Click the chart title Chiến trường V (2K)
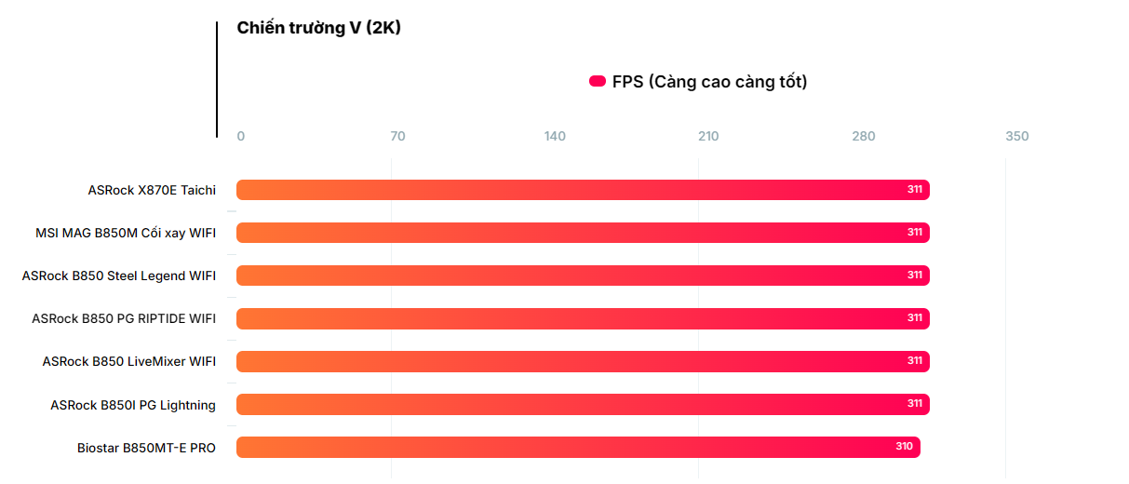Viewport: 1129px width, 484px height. tap(318, 28)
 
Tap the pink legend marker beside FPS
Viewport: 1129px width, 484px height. tap(598, 82)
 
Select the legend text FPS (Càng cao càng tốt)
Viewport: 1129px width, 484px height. tap(709, 82)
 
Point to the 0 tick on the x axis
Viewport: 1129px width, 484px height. tap(241, 137)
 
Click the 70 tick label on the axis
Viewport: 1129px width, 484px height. tap(397, 137)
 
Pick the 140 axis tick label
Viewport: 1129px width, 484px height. tap(555, 137)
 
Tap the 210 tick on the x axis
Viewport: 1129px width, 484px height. tap(708, 137)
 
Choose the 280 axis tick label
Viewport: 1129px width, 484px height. tap(863, 137)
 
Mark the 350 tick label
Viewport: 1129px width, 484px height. tap(1017, 137)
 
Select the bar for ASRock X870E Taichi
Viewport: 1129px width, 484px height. tap(583, 190)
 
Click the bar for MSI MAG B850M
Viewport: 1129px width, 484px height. tap(583, 233)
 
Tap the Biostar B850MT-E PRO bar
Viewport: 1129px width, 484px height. tap(578, 447)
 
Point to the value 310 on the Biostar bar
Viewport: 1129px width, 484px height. tap(904, 447)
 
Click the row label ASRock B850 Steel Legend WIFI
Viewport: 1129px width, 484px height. tap(119, 276)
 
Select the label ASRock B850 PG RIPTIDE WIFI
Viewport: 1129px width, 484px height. tap(124, 318)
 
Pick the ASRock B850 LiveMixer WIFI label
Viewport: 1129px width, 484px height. tap(129, 361)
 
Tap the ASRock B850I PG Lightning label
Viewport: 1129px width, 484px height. tap(133, 405)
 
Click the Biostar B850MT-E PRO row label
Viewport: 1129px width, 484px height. tap(146, 448)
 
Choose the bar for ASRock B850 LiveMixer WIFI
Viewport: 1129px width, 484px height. tap(583, 361)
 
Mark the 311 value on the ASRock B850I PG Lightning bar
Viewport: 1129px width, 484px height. tap(915, 404)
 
